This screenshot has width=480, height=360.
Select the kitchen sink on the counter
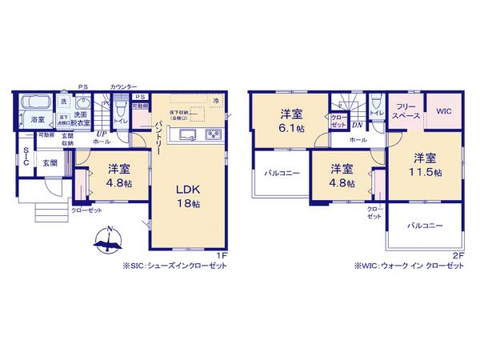click(x=186, y=134)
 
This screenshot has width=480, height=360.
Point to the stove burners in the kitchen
click(x=212, y=134)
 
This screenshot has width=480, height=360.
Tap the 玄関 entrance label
click(x=50, y=162)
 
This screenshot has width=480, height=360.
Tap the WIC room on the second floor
click(x=444, y=112)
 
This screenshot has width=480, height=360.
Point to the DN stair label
click(x=358, y=126)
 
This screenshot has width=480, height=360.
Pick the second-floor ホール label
click(x=358, y=140)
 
